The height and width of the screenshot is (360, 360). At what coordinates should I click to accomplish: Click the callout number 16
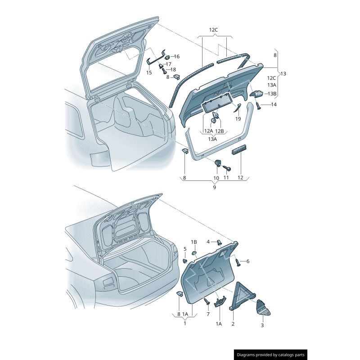point(176,57)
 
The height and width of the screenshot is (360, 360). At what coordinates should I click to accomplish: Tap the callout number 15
point(149,72)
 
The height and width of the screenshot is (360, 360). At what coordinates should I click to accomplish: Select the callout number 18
point(173,70)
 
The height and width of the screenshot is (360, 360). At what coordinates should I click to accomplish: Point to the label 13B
point(272,94)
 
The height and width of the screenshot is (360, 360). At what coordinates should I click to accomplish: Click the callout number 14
point(274,104)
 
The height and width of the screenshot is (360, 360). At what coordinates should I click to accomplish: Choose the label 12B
point(219,131)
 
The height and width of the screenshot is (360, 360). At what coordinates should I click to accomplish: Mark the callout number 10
point(216,178)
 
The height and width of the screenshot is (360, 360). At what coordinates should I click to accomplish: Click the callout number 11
point(226,178)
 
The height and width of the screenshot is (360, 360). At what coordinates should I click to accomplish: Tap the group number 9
point(214,187)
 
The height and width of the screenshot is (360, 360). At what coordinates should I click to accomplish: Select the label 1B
point(194,242)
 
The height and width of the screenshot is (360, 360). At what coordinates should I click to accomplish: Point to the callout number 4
point(208,242)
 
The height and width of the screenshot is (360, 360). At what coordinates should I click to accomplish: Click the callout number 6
point(247,261)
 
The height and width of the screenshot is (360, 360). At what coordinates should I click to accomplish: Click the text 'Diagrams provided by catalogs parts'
point(271,355)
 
